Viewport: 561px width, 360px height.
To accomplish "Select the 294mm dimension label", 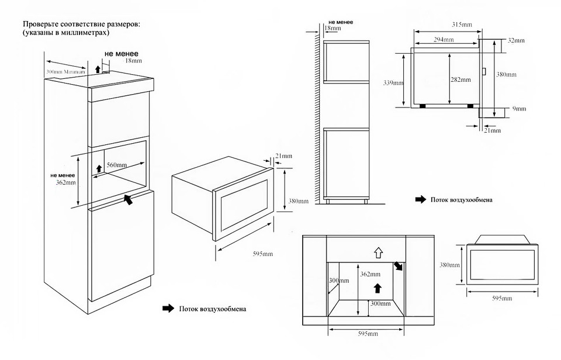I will click(443, 39).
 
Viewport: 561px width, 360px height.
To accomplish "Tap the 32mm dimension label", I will click(516, 40).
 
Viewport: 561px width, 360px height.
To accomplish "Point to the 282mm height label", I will click(460, 79).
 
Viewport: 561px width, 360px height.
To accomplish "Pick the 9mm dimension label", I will click(518, 109).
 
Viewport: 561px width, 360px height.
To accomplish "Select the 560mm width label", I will click(117, 165).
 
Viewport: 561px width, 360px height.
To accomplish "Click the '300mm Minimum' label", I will click(65, 71).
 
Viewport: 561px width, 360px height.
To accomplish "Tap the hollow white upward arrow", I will click(378, 252).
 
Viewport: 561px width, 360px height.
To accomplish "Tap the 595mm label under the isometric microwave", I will click(263, 254).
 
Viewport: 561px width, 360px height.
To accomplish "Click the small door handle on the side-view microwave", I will click(484, 72).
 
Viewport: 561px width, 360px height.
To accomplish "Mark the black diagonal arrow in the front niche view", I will click(399, 266).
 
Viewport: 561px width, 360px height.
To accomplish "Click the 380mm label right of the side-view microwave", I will click(506, 75).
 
